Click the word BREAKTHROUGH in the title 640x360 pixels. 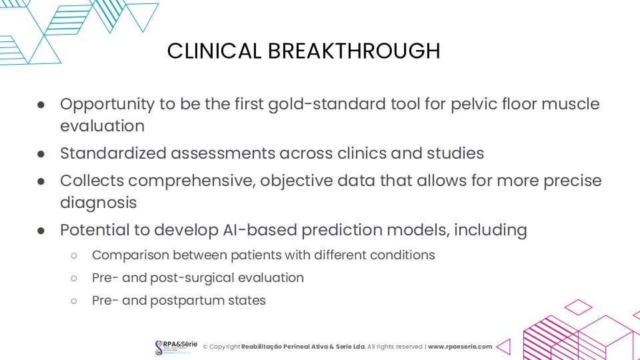click(x=354, y=51)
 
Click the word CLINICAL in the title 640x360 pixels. click(x=214, y=51)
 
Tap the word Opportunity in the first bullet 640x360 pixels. click(x=107, y=105)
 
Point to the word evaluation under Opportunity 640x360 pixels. click(x=103, y=126)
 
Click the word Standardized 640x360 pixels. click(x=113, y=153)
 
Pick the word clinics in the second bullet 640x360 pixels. click(x=361, y=153)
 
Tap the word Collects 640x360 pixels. click(x=92, y=181)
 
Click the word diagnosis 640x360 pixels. click(x=99, y=203)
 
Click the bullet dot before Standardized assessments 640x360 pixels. click(x=41, y=154)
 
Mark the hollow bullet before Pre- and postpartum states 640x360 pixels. click(x=74, y=301)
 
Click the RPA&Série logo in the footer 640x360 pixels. click(x=176, y=347)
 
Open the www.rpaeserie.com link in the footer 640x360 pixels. click(x=460, y=347)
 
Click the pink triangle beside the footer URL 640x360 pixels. click(x=505, y=347)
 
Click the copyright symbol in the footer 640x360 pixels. click(x=205, y=347)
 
